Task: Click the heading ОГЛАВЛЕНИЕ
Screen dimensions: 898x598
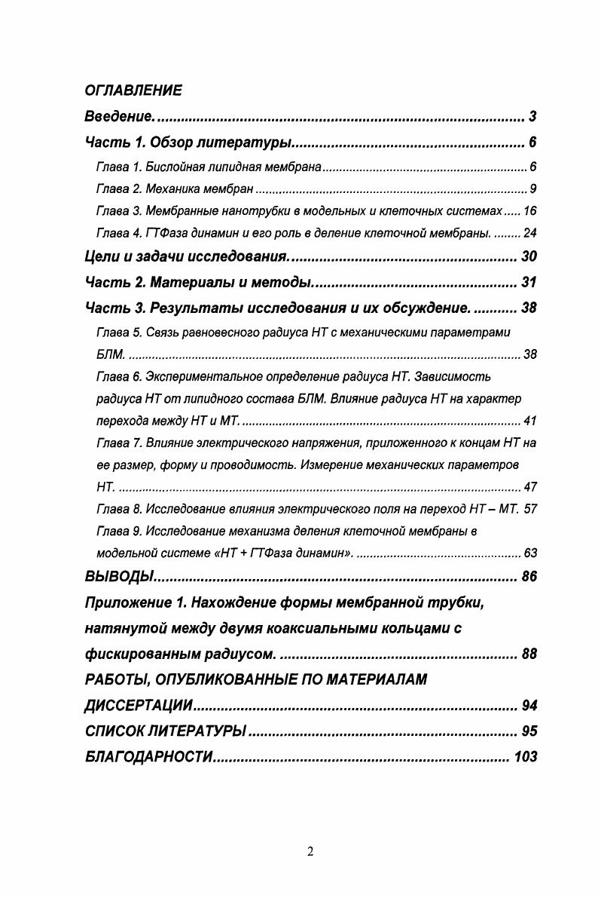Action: click(133, 91)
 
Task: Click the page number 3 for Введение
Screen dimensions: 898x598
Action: click(532, 117)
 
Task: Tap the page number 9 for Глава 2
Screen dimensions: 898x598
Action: click(532, 188)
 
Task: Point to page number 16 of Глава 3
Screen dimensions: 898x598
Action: click(529, 210)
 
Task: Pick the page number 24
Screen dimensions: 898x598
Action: click(529, 232)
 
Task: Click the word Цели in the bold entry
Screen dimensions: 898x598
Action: click(102, 257)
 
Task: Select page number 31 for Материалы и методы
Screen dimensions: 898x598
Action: click(529, 283)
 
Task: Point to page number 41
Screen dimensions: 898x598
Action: click(529, 421)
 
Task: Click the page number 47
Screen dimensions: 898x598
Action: click(529, 487)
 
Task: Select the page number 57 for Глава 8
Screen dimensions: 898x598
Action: click(529, 509)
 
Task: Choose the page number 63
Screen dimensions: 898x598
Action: click(529, 553)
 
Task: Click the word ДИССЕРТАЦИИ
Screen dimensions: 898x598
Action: click(139, 706)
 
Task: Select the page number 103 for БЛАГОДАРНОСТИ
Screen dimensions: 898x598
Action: click(525, 757)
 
